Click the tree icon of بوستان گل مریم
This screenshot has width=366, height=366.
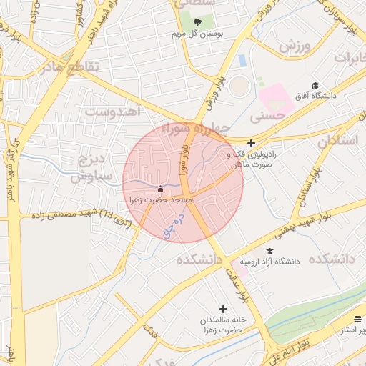(x=197, y=22)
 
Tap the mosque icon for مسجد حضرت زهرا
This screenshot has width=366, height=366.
(x=160, y=189)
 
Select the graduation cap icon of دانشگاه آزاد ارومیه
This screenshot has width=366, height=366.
(x=269, y=251)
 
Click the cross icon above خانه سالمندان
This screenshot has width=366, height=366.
(x=224, y=309)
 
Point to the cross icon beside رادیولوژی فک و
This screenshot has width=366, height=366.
(x=251, y=143)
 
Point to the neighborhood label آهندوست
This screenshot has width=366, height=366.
(x=115, y=111)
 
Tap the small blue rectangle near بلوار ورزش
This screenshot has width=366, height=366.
(x=242, y=61)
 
